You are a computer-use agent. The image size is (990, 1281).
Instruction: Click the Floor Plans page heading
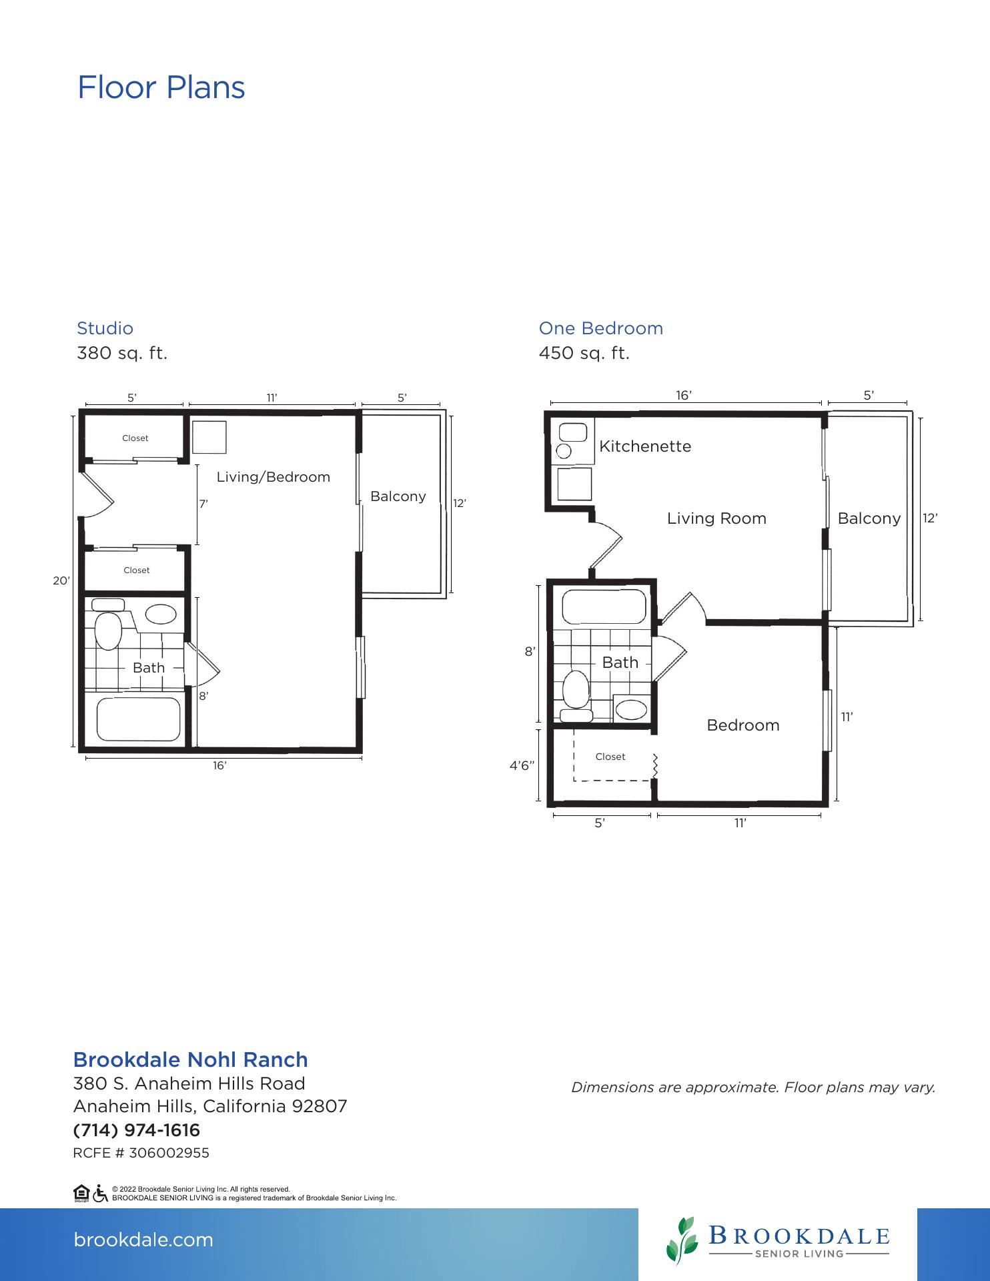(161, 88)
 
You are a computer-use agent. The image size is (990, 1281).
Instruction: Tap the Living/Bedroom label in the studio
(274, 477)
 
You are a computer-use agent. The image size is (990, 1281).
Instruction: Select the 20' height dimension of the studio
(61, 581)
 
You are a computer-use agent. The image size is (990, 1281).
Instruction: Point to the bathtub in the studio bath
(138, 719)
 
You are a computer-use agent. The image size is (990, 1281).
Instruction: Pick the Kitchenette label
(645, 446)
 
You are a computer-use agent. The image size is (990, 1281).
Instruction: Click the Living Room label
(716, 518)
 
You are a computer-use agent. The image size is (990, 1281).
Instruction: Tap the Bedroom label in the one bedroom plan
(743, 725)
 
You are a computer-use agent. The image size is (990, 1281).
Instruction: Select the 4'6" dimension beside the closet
(523, 766)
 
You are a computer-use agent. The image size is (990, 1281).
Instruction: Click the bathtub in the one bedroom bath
(604, 606)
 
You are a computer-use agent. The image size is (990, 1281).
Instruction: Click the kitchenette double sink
(571, 442)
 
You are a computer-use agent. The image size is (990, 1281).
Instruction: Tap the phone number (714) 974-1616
(136, 1130)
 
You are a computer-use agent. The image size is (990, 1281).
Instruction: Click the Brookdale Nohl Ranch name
(190, 1059)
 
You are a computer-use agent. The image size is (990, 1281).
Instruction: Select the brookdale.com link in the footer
(143, 1240)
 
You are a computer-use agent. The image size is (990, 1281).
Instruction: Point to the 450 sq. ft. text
(584, 353)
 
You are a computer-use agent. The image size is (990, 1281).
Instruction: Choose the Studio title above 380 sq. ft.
(105, 328)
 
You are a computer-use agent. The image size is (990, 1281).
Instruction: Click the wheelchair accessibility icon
(100, 1194)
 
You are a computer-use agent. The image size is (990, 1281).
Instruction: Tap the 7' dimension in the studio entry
(203, 504)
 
